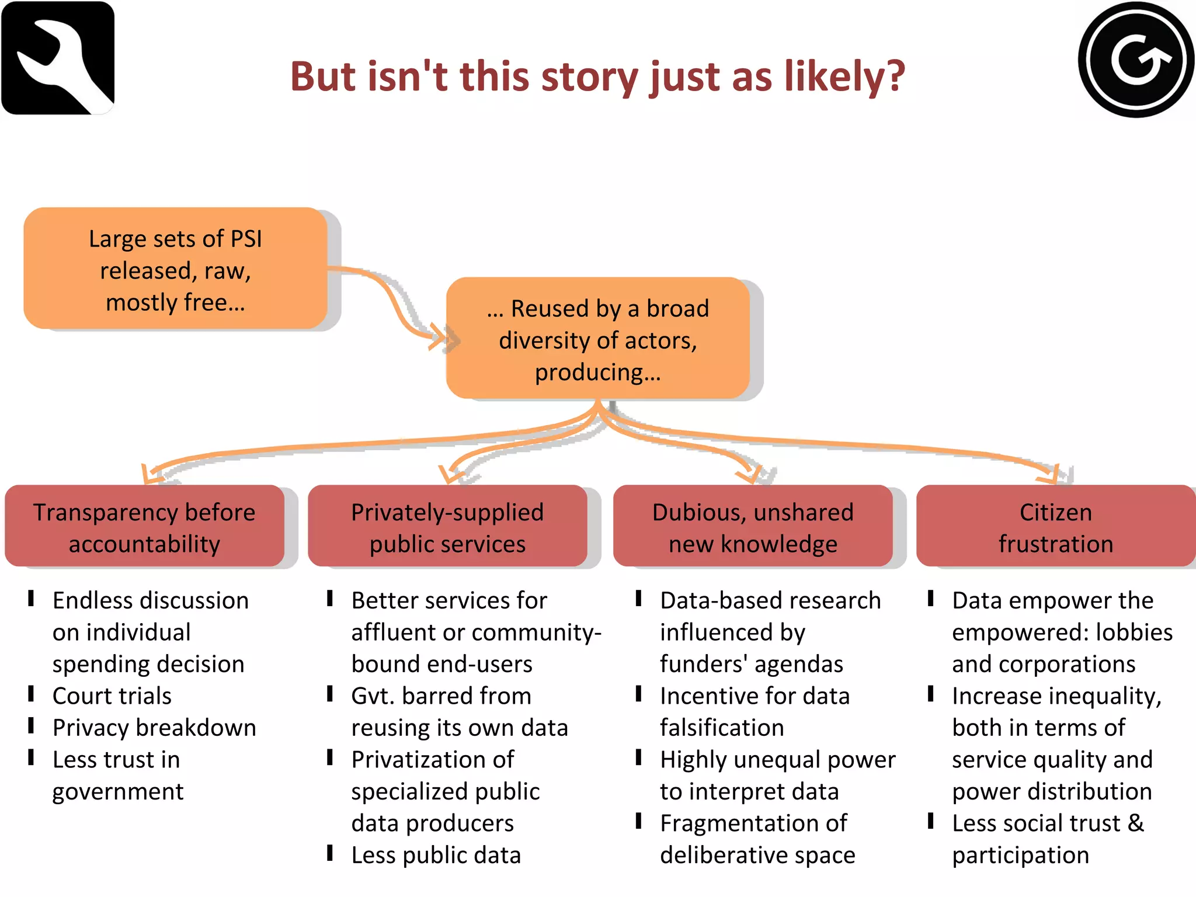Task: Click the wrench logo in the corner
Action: (x=58, y=58)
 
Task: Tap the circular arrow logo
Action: (x=1136, y=59)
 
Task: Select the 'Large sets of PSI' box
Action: (x=175, y=269)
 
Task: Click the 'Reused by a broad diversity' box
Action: (x=597, y=339)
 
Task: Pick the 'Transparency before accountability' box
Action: (x=144, y=526)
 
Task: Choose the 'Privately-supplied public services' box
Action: (x=447, y=526)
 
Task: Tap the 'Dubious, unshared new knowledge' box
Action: (x=753, y=526)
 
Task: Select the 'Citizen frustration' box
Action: (x=1056, y=526)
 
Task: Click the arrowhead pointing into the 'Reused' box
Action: (x=439, y=337)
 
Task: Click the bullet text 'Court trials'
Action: (x=112, y=696)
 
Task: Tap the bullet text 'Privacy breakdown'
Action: (x=154, y=728)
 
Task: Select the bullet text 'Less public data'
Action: (x=436, y=856)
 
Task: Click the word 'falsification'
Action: (x=722, y=728)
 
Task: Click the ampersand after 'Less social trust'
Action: (x=1136, y=823)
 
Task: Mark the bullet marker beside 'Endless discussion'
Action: (x=32, y=599)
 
